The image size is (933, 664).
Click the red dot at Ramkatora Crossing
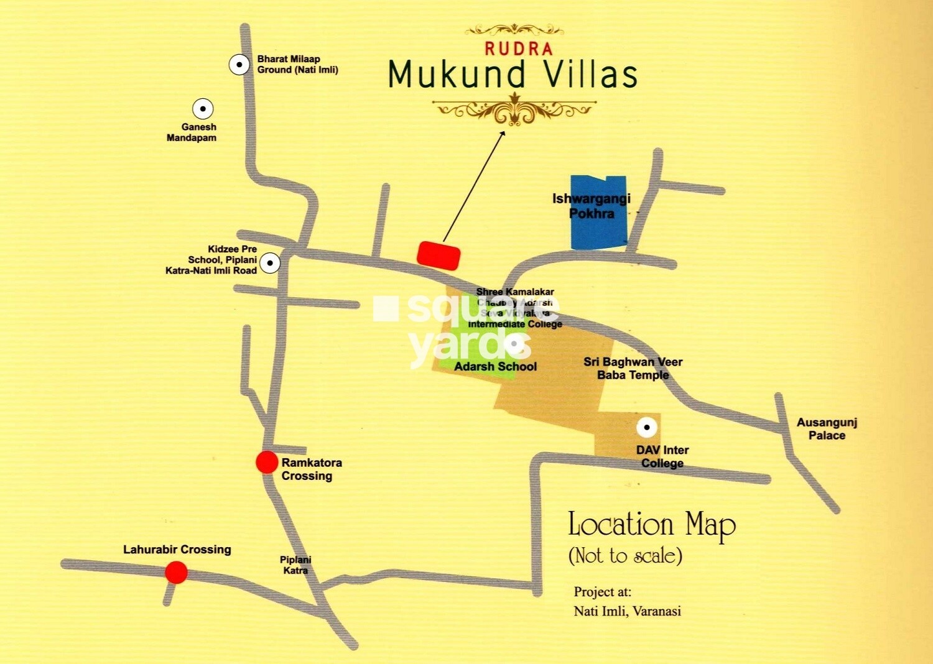click(267, 462)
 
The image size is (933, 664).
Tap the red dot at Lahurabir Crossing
click(176, 572)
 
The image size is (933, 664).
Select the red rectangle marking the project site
click(439, 255)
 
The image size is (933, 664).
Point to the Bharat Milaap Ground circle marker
click(239, 65)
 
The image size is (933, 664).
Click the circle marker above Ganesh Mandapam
click(202, 109)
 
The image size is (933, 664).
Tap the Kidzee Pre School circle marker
click(270, 262)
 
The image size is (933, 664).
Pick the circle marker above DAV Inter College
click(647, 427)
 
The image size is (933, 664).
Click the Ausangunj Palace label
click(827, 429)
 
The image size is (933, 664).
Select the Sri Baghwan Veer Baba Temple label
click(633, 368)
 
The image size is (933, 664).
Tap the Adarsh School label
click(495, 366)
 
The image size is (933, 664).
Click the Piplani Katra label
click(295, 565)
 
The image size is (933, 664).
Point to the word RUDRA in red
click(519, 48)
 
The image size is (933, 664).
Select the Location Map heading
click(652, 525)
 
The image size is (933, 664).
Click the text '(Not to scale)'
click(625, 555)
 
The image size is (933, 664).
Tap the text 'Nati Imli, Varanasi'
click(627, 611)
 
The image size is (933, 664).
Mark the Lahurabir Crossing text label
click(177, 550)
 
